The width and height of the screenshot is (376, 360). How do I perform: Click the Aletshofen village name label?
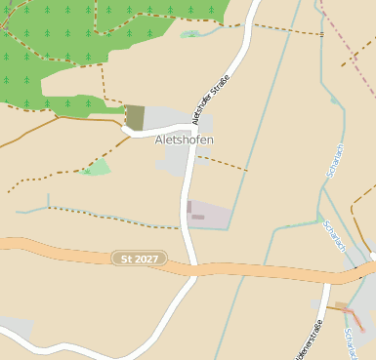(184, 140)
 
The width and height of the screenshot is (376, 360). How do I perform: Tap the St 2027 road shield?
(139, 259)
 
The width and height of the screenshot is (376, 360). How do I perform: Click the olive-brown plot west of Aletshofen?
(135, 118)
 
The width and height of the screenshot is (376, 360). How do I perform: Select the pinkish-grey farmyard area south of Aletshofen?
(209, 216)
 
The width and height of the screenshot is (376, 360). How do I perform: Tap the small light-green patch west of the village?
(97, 168)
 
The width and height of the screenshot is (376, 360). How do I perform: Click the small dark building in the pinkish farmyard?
(198, 217)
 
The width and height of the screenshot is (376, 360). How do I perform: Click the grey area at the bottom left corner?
(14, 326)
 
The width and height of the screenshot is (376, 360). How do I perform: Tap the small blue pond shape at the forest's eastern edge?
(190, 34)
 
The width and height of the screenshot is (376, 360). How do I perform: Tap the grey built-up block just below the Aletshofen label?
(173, 161)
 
